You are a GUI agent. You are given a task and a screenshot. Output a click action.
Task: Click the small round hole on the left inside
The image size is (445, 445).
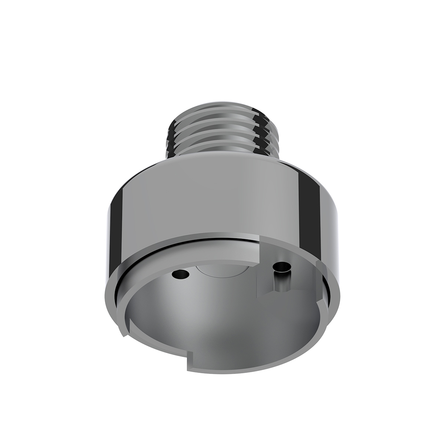180,274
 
